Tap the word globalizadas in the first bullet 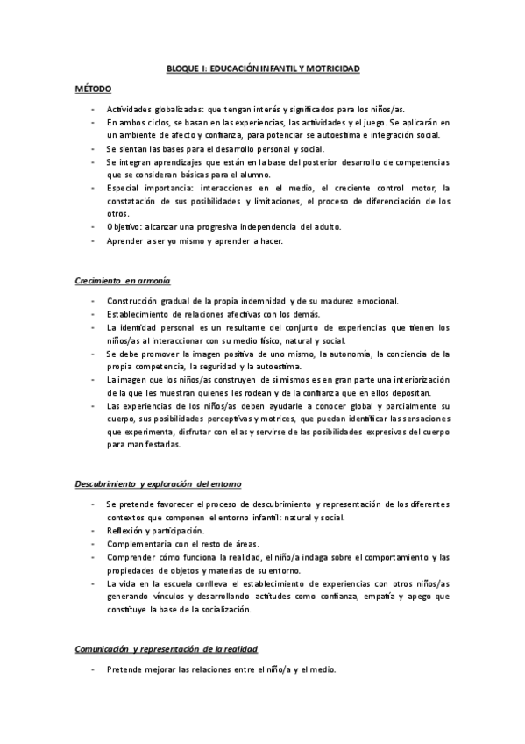[x=174, y=109]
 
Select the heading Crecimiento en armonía [x=121, y=280]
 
